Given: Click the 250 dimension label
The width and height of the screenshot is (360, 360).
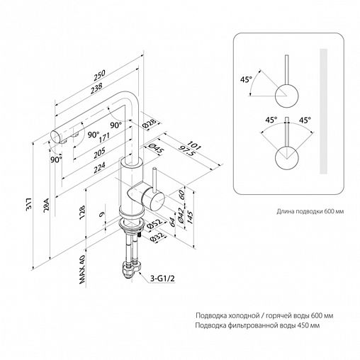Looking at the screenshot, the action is (99, 74).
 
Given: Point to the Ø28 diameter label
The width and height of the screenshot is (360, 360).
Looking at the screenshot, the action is (150, 123).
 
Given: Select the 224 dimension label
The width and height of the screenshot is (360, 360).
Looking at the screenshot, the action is (99, 167).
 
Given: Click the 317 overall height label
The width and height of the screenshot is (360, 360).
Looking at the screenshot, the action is (29, 203).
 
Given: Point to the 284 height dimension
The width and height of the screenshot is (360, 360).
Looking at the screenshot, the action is (46, 205).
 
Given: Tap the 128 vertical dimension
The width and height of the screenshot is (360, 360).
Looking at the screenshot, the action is (82, 213).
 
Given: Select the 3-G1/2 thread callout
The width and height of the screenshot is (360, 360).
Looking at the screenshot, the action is (163, 279).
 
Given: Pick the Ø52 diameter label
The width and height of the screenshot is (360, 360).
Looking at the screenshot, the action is (154, 224).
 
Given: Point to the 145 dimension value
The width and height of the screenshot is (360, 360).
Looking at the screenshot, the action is (189, 217).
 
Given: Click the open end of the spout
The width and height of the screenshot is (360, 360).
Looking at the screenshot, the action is (56, 137).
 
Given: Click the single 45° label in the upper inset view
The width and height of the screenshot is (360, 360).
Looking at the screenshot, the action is (247, 79).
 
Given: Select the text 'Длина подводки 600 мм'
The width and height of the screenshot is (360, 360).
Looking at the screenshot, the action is (310, 211).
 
